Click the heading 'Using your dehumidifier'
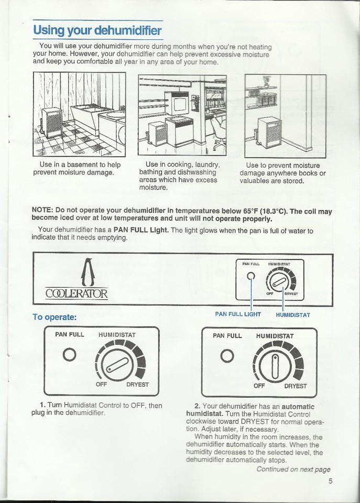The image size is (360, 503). click(x=97, y=30)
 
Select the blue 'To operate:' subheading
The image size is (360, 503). click(x=54, y=317)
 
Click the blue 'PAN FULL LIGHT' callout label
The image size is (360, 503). click(x=238, y=314)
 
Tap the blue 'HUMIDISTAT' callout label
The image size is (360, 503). click(x=293, y=315)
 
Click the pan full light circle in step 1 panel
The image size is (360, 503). click(x=70, y=355)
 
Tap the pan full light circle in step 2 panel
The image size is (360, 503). click(x=227, y=356)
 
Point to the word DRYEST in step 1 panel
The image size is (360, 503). click(x=137, y=385)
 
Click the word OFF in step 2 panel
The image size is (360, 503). click(x=259, y=386)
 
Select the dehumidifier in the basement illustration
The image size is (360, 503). click(x=52, y=124)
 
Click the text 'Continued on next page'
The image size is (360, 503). click(x=293, y=469)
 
